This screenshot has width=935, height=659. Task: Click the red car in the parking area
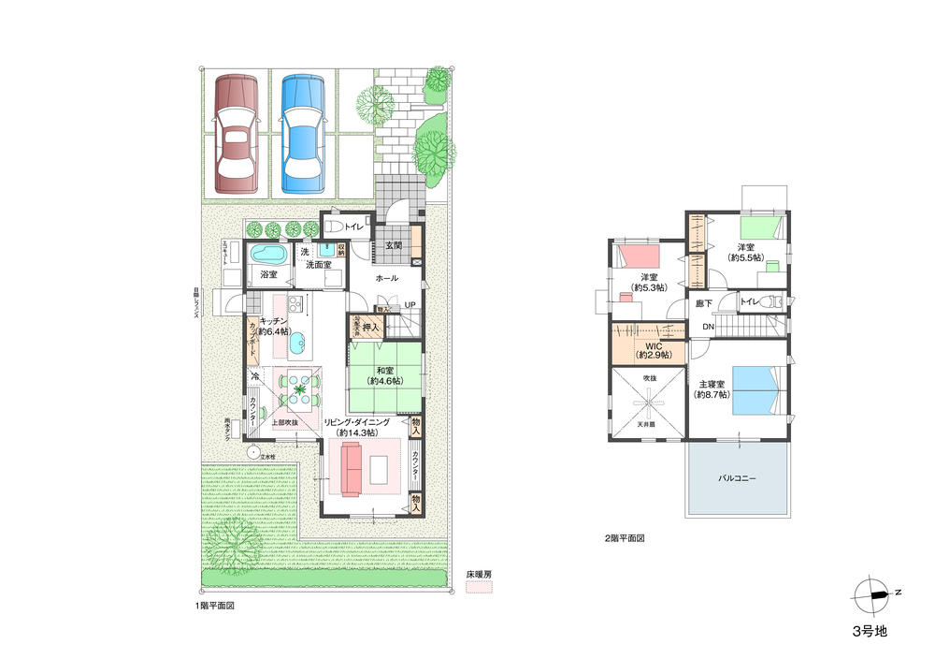[x=235, y=134]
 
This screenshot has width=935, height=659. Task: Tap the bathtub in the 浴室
[x=268, y=256]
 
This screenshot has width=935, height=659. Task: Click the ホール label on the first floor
[x=386, y=278]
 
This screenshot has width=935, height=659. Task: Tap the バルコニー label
[x=737, y=477]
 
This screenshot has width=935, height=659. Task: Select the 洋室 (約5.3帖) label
[x=650, y=282]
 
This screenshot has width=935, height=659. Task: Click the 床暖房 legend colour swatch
[x=478, y=587]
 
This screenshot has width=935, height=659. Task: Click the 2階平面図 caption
[x=625, y=539]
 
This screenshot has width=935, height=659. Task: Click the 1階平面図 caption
[x=214, y=607]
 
